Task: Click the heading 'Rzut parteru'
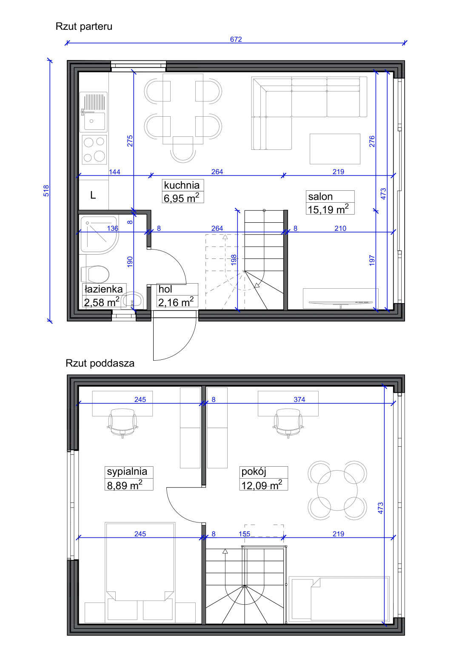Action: click(x=84, y=26)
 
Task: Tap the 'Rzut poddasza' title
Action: click(x=100, y=363)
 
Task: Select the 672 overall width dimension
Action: click(x=236, y=39)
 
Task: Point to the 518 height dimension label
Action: click(x=46, y=191)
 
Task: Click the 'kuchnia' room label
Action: click(x=182, y=185)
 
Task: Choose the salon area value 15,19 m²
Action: click(x=328, y=209)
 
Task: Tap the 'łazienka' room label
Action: click(x=103, y=289)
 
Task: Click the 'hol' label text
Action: click(x=165, y=289)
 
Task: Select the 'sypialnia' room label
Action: click(x=127, y=472)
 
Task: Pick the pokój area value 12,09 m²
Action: click(x=262, y=485)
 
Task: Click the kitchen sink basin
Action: click(x=94, y=121)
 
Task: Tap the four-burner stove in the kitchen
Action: click(x=94, y=150)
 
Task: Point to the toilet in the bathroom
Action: click(x=95, y=274)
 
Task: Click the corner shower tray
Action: click(x=99, y=235)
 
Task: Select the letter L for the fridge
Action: click(x=93, y=195)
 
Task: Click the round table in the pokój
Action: click(x=337, y=490)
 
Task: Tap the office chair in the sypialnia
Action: click(x=123, y=423)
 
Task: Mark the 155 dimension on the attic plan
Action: click(x=245, y=534)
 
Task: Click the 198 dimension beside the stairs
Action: click(x=234, y=260)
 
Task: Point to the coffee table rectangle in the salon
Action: click(x=335, y=149)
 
